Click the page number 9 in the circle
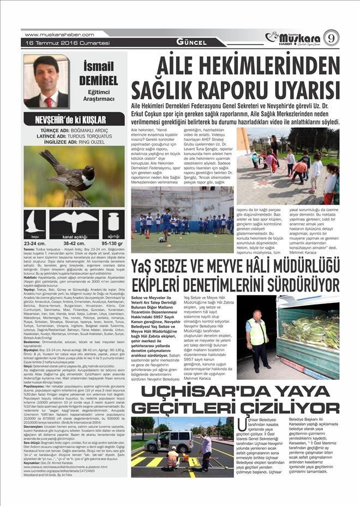tap(331, 38)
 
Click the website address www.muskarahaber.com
tap(51, 34)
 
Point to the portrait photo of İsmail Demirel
tap(46, 81)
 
